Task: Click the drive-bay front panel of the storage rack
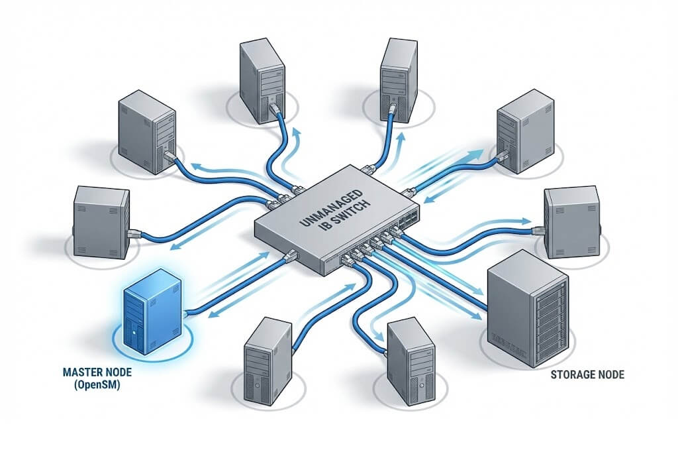[x=551, y=312]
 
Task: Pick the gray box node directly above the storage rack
[x=570, y=218]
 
